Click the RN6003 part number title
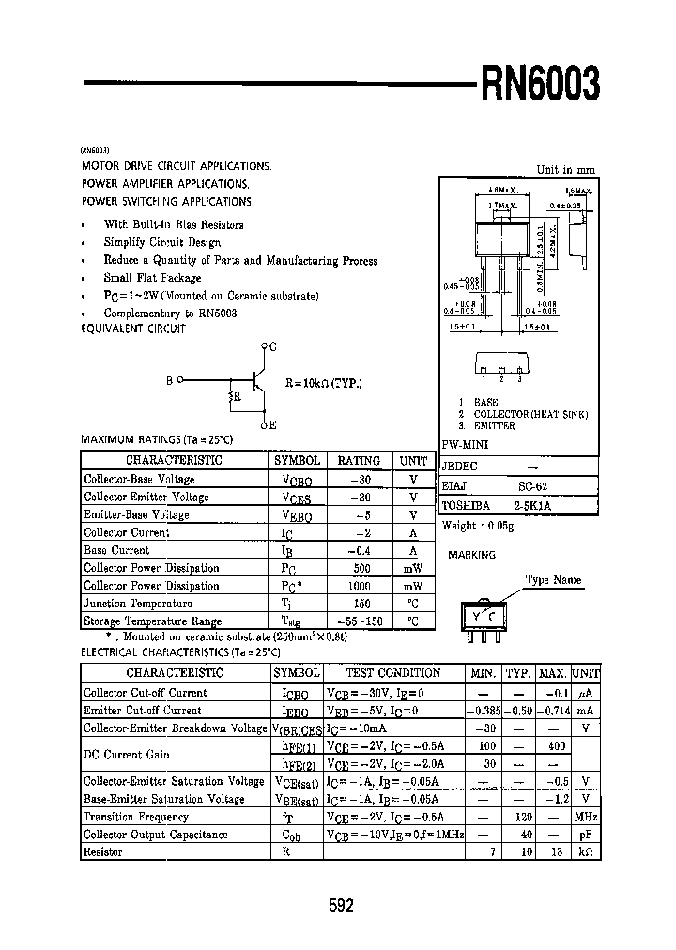[539, 85]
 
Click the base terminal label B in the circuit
[170, 381]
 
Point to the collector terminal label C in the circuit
[273, 347]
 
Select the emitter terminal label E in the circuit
[273, 425]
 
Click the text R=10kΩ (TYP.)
[323, 383]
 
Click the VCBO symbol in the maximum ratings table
[297, 479]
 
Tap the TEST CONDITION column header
[392, 673]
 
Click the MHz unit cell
[586, 817]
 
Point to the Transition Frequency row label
[137, 817]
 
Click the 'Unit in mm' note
[565, 170]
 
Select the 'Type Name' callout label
[553, 580]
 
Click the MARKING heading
[471, 555]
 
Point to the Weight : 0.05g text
[478, 527]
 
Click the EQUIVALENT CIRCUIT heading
[133, 329]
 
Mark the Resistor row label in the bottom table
[103, 851]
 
